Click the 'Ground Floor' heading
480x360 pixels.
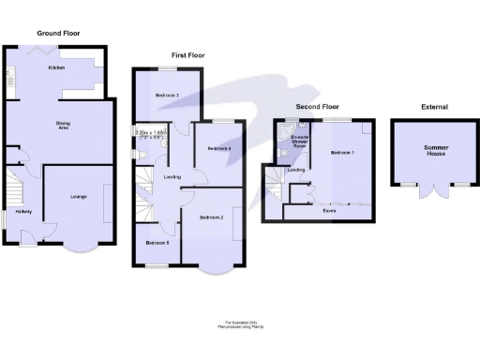click(57, 33)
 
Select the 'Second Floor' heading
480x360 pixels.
click(317, 107)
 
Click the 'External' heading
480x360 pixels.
click(435, 107)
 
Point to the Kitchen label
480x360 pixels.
click(56, 68)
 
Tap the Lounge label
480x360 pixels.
click(78, 196)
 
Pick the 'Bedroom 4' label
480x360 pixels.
click(218, 149)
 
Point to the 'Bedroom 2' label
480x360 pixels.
click(212, 217)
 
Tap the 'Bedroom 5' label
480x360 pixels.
click(157, 242)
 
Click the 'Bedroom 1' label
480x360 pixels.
click(343, 152)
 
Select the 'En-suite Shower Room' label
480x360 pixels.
click(299, 142)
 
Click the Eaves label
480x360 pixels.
click(329, 211)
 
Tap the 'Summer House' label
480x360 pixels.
click(436, 150)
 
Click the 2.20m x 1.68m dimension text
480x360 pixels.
click(150, 133)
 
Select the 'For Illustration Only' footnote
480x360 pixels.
click(240, 323)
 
